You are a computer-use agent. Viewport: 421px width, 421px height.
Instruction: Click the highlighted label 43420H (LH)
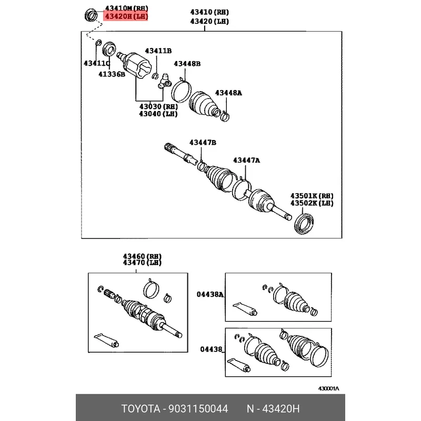coord(127,17)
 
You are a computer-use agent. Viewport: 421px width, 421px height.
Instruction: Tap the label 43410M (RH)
coord(127,8)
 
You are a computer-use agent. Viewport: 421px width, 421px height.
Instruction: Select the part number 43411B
coord(158,51)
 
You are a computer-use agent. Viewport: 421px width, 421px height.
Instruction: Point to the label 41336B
coord(111,75)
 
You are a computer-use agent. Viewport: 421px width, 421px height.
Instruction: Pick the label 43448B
coord(188,64)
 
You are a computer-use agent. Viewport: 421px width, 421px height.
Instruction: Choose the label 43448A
coord(229,93)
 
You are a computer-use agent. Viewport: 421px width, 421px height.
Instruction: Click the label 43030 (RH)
coord(158,106)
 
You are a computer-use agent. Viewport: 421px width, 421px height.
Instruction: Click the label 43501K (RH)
coord(312,195)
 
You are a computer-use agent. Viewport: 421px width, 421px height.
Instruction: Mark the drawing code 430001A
coord(328,388)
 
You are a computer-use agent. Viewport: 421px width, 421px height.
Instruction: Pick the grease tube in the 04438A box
coord(244,308)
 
